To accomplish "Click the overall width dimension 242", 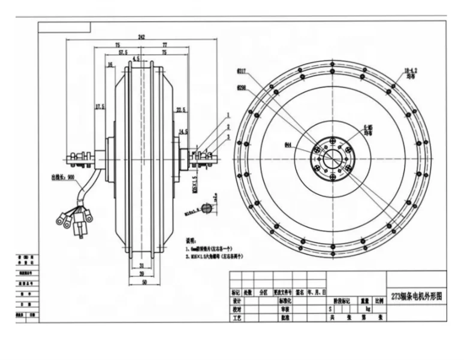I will tap(141, 37).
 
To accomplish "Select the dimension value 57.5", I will tap(123, 53).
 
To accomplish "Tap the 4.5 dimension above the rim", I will tap(137, 59).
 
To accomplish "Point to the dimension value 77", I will tap(164, 45).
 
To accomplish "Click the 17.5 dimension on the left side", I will tap(100, 107).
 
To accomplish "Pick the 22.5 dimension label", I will tap(180, 109).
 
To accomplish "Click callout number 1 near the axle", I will tap(228, 114).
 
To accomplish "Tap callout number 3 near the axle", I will tap(228, 137).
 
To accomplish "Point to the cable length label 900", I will tap(63, 178).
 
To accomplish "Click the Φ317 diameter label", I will tap(242, 71).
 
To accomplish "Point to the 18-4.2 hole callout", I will tap(410, 71).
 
